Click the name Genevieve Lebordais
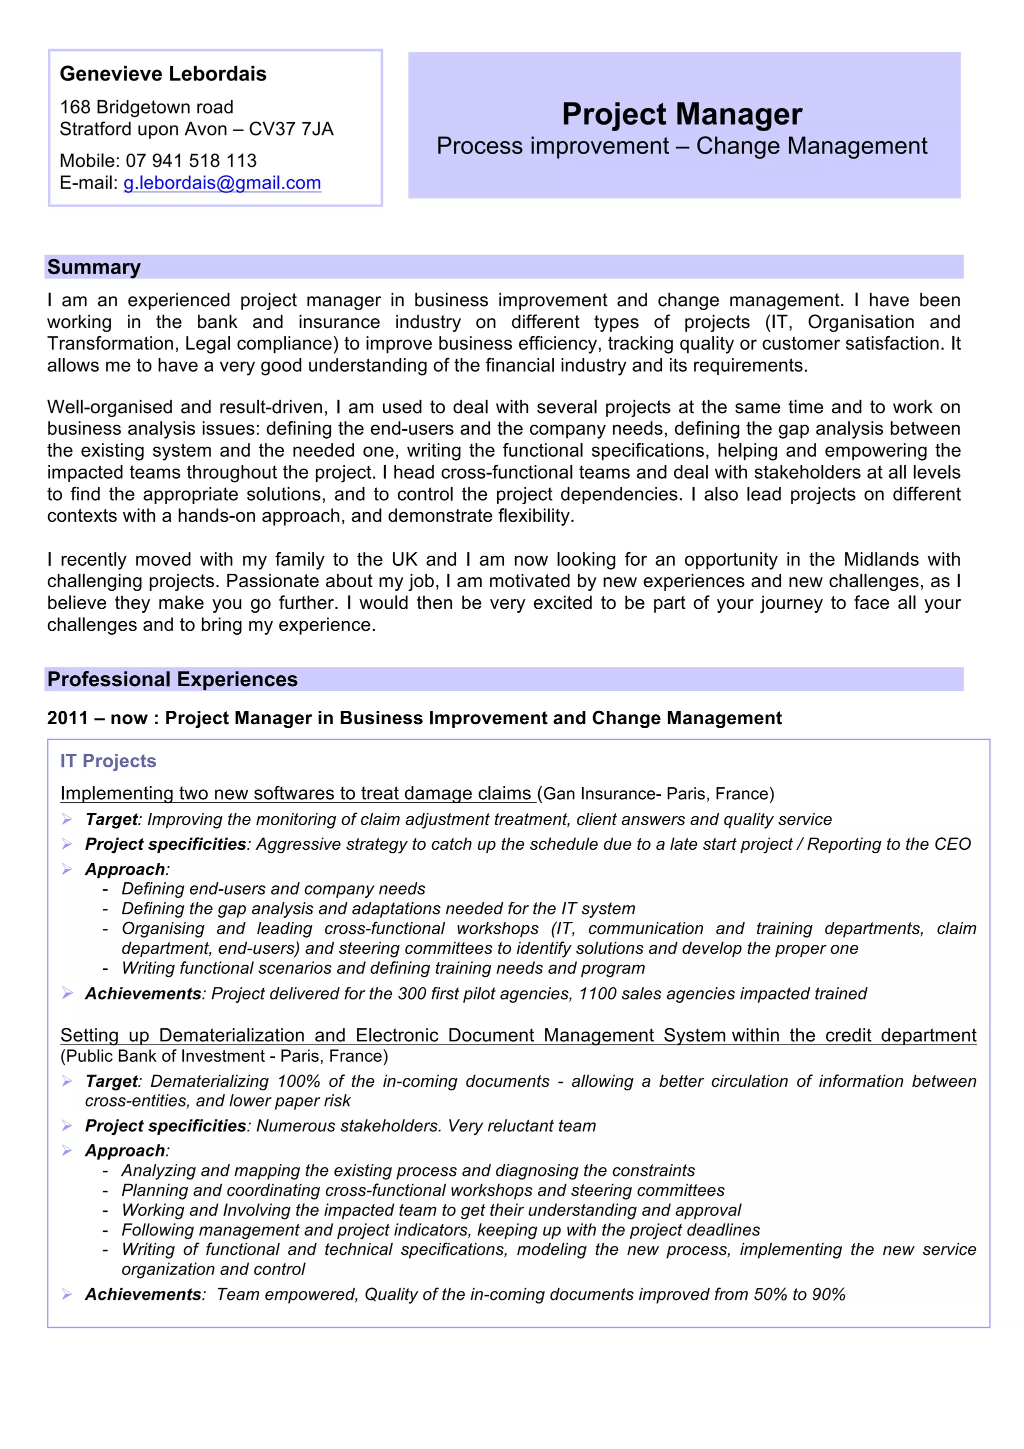pos(163,74)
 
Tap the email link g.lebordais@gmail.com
pos(222,183)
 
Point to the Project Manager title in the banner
pos(682,114)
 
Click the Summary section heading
pos(94,267)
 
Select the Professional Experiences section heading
pos(172,679)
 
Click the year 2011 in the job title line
pos(67,718)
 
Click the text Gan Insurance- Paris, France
pos(655,793)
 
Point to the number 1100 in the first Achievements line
pos(597,993)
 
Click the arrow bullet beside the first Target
pos(67,819)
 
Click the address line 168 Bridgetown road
pos(146,107)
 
